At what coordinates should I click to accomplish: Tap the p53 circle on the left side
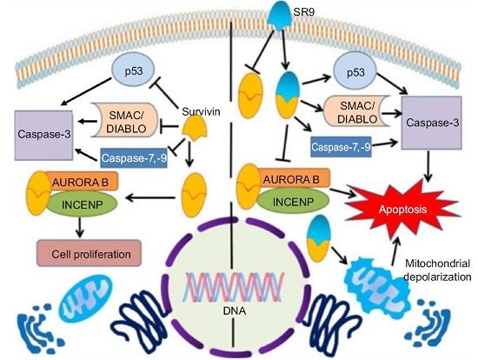tap(134, 70)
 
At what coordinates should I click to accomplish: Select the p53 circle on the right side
tap(355, 73)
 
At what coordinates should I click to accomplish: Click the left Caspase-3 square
tap(44, 135)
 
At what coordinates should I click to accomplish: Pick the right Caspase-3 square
tap(431, 123)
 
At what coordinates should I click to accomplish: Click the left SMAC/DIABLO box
tap(126, 122)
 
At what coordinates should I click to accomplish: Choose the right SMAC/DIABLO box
tap(357, 111)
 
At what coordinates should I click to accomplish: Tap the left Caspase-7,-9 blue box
tap(134, 157)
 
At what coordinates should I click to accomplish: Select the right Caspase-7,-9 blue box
tap(341, 147)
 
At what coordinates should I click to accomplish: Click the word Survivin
tap(201, 111)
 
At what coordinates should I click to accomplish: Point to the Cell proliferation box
tap(89, 254)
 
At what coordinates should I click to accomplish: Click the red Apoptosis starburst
tap(402, 210)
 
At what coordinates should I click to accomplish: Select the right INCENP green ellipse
tap(293, 202)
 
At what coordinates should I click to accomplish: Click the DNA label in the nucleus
tap(235, 311)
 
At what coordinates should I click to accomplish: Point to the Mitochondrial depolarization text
tap(437, 270)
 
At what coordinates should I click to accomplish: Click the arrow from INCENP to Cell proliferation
tap(80, 227)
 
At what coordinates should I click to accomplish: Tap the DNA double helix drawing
tap(234, 287)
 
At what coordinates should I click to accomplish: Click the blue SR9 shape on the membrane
tap(279, 17)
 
